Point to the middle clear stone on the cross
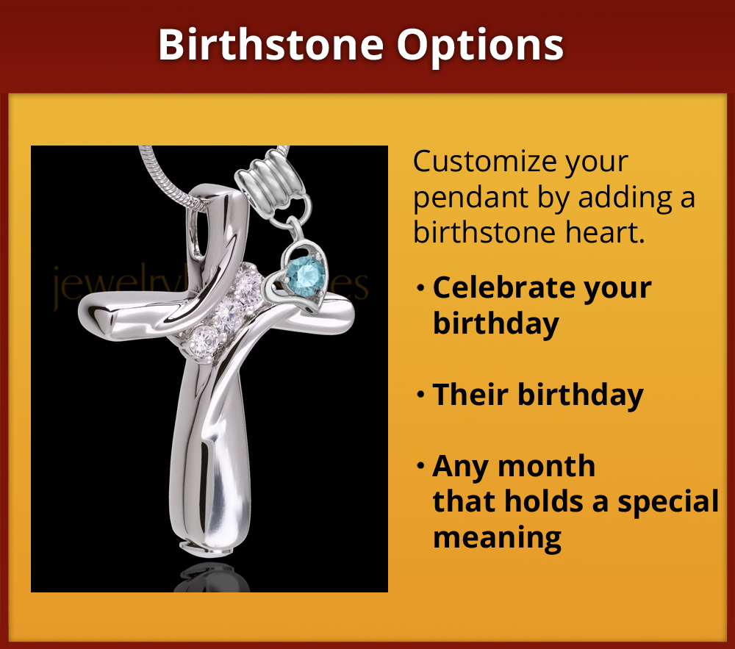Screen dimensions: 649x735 (230, 308)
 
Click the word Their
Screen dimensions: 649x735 (470, 395)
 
